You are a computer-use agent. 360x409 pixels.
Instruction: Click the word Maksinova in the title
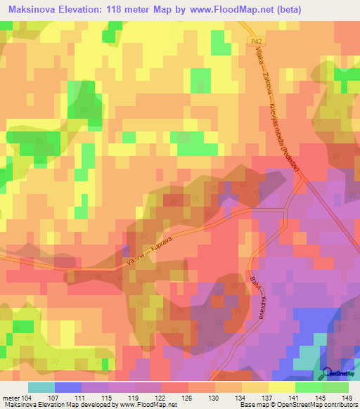pyautogui.click(x=32, y=10)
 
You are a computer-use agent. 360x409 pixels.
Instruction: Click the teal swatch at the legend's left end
pyautogui.click(x=41, y=387)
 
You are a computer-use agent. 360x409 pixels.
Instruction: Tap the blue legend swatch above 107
pyautogui.click(x=67, y=387)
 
